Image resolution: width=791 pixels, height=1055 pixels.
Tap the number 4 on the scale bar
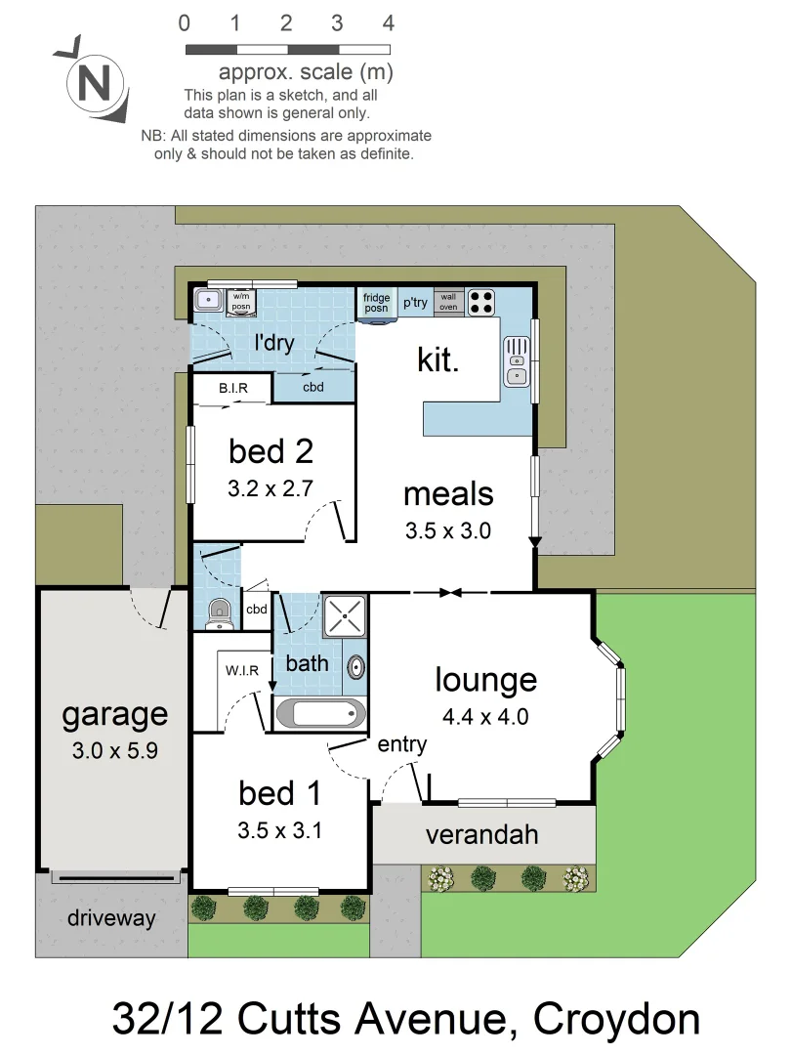(x=388, y=23)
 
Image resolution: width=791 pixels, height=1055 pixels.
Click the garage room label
(x=114, y=714)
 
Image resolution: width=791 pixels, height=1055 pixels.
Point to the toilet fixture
(x=220, y=612)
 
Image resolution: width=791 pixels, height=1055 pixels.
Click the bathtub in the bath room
(x=320, y=713)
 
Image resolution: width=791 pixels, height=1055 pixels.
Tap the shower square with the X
(x=345, y=616)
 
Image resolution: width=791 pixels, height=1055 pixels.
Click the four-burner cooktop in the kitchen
(x=480, y=302)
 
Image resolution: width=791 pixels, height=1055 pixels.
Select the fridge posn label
(x=377, y=303)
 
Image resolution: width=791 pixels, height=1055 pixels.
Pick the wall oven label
(x=448, y=302)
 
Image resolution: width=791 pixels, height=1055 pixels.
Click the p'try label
(x=416, y=303)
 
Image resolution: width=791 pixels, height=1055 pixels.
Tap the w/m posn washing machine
(x=240, y=303)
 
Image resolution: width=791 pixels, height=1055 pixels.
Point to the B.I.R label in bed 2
(x=232, y=389)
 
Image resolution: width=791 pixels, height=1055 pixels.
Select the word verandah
(x=481, y=835)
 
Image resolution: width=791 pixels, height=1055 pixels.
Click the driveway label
(x=111, y=918)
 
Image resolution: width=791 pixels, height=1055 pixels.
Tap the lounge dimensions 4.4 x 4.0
(x=485, y=717)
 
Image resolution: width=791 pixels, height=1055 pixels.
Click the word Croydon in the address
(x=617, y=1019)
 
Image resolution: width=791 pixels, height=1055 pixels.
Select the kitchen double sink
(x=517, y=362)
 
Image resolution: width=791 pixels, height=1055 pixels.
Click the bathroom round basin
(x=356, y=667)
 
